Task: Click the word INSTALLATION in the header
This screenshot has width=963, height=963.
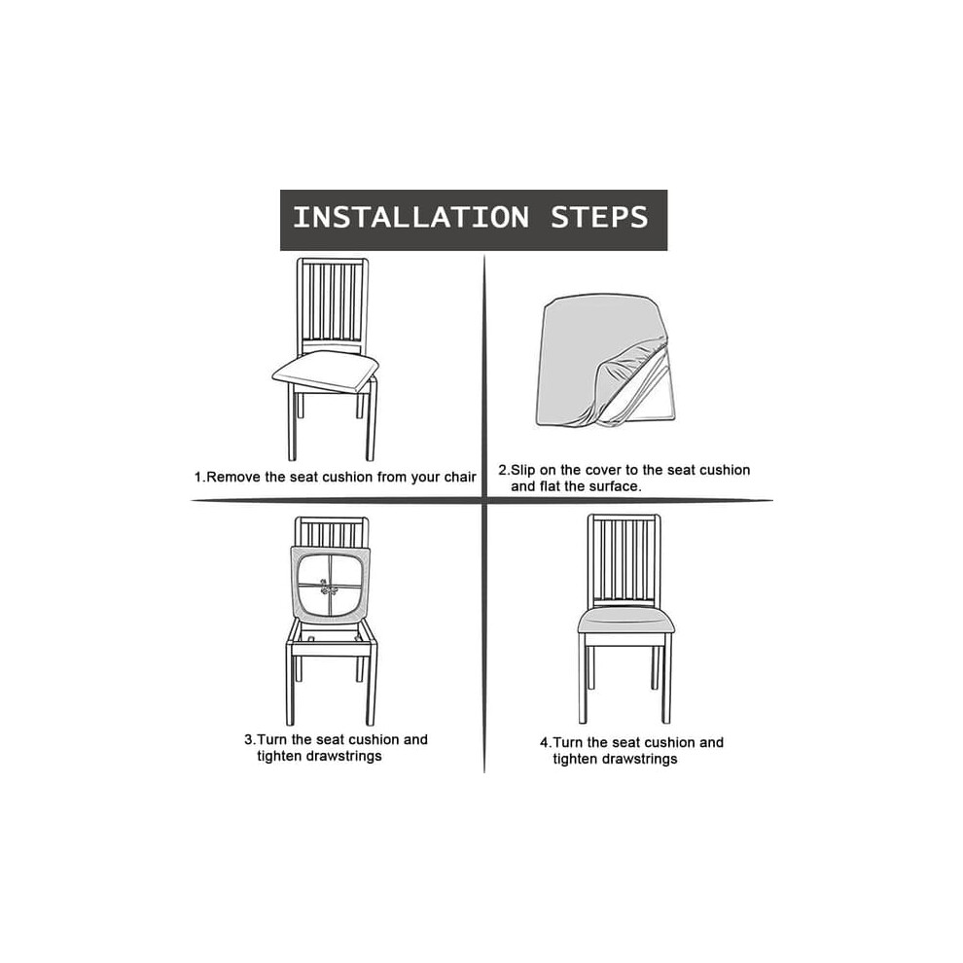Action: point(410,218)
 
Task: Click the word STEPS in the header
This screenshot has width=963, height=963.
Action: point(599,218)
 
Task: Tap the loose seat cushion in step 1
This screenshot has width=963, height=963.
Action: point(325,372)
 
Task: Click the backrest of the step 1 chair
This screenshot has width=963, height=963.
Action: point(333,306)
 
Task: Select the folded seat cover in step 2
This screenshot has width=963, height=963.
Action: point(605,361)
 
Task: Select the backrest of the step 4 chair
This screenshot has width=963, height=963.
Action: point(624,559)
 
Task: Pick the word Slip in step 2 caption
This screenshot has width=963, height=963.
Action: point(524,471)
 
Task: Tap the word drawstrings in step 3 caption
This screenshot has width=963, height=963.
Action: point(344,756)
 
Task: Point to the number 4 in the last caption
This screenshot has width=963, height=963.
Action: point(544,742)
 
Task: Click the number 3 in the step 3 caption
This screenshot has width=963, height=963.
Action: point(248,739)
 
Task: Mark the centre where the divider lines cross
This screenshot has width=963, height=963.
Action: point(484,501)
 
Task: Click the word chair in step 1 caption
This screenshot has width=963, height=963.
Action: point(461,478)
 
